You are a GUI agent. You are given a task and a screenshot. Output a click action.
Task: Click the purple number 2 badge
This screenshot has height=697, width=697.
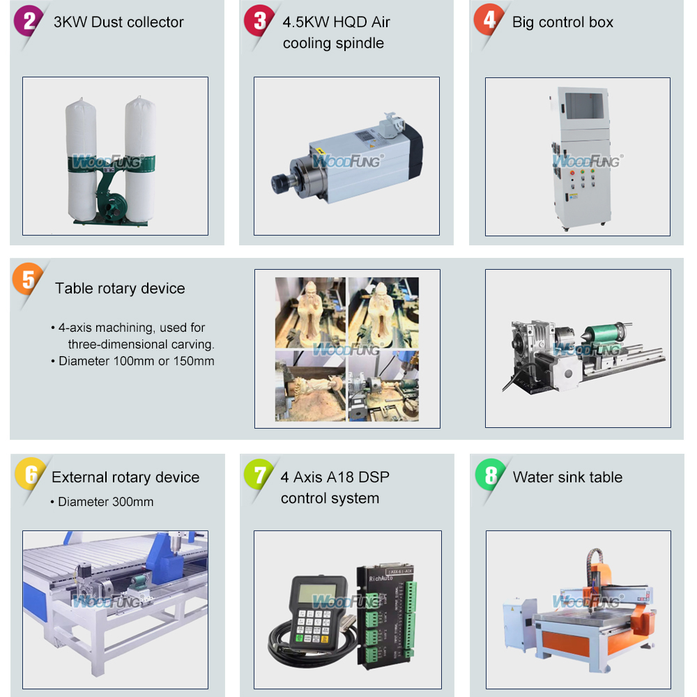(29, 21)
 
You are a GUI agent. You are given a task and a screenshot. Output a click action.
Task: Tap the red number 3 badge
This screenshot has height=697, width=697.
(259, 21)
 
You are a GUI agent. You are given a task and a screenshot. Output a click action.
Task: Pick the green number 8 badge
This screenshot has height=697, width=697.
(490, 476)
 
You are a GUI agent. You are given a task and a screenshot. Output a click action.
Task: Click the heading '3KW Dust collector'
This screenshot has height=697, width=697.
(118, 22)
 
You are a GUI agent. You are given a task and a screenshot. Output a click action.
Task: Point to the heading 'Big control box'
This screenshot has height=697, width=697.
(562, 22)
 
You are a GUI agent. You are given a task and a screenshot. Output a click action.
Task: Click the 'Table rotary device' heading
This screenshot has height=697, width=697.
(120, 289)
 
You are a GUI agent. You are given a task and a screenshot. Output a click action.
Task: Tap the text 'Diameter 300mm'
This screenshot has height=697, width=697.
(105, 502)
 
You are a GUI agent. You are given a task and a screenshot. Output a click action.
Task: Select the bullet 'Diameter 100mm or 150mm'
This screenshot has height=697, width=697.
(136, 361)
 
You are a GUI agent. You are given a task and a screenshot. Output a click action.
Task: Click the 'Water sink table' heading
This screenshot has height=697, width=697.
(567, 477)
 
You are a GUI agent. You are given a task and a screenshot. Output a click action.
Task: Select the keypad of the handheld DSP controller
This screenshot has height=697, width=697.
(314, 624)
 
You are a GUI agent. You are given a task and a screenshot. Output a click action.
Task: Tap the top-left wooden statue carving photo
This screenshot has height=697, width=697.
(310, 312)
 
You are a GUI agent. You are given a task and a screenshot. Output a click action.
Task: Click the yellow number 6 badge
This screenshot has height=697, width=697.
(30, 476)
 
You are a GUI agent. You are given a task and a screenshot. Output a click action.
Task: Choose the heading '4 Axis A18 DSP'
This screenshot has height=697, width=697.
(335, 477)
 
